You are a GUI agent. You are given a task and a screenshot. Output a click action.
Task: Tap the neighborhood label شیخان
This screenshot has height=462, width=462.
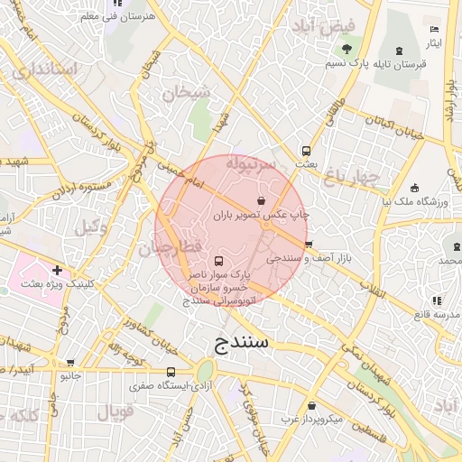(186, 91)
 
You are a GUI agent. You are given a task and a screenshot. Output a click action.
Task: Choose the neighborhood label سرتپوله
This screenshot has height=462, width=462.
(254, 165)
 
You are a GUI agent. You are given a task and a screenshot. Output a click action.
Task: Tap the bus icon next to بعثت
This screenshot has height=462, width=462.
(306, 151)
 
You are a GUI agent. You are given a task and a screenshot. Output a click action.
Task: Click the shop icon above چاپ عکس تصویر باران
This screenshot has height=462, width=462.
(261, 200)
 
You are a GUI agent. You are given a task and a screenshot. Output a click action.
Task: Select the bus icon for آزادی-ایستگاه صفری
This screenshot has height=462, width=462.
(171, 372)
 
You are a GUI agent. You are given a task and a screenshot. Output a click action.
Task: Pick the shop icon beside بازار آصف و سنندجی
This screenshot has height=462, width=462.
(307, 245)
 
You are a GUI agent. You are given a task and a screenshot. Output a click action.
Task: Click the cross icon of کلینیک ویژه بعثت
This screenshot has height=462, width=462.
(57, 269)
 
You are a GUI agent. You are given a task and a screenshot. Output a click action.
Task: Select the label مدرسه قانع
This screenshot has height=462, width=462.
(434, 314)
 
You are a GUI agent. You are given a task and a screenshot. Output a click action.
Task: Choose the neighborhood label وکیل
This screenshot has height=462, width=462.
(92, 228)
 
